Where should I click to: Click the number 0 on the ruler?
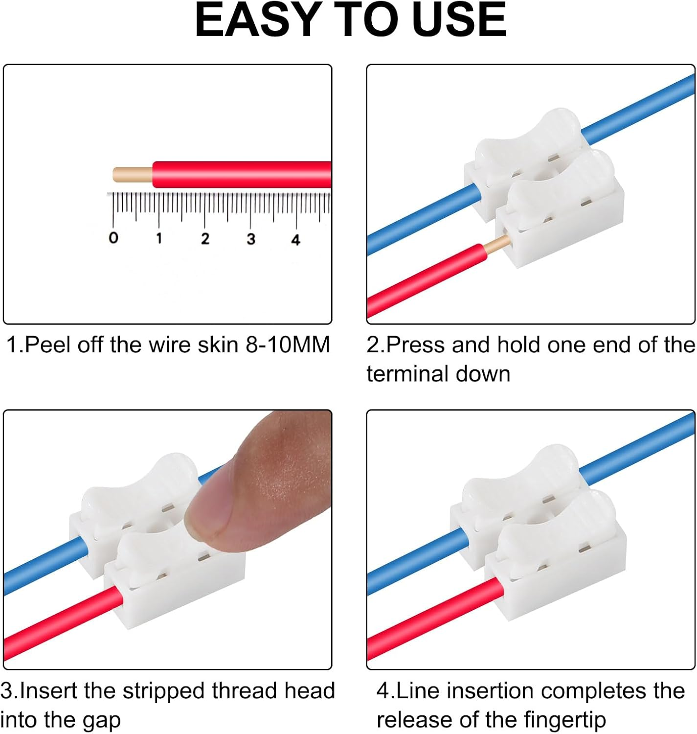pyautogui.click(x=113, y=238)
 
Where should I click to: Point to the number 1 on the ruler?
pyautogui.click(x=159, y=238)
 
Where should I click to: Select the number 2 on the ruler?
pyautogui.click(x=205, y=239)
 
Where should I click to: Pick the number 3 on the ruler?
pyautogui.click(x=251, y=239)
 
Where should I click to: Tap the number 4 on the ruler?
pyautogui.click(x=295, y=240)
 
